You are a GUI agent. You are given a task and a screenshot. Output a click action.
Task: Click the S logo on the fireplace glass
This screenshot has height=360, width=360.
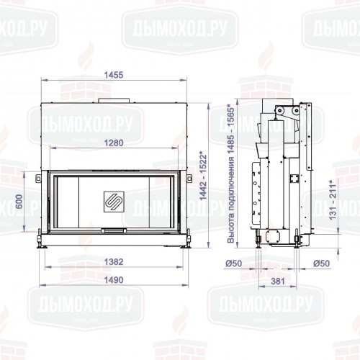114,201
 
